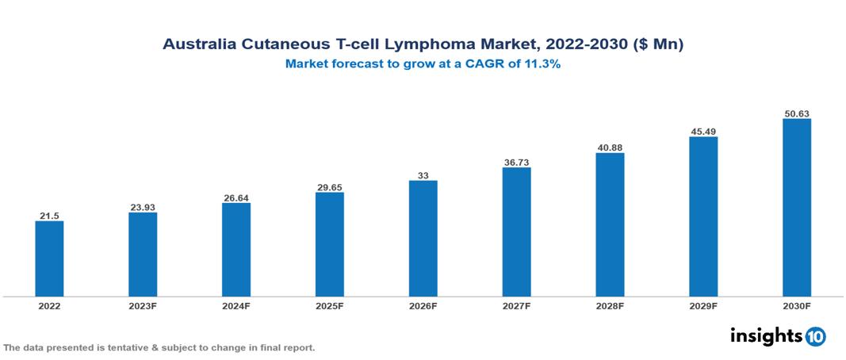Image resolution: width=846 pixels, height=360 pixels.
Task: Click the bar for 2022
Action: [49, 259]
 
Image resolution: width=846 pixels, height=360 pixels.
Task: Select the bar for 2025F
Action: [330, 244]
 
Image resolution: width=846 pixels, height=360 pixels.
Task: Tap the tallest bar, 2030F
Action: [797, 208]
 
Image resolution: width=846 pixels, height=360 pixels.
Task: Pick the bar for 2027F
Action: [516, 232]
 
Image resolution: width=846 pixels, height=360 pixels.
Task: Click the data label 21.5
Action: [49, 215]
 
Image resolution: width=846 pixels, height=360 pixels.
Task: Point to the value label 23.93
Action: [143, 207]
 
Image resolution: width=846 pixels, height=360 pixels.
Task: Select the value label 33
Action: [423, 175]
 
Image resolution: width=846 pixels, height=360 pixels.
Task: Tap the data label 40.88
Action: [610, 147]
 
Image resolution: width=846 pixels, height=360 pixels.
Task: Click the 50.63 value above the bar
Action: [797, 113]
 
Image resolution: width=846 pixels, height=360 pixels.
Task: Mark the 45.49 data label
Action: [703, 132]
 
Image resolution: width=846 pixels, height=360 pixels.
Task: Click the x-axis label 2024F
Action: [236, 305]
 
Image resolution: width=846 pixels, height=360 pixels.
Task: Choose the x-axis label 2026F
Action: [423, 305]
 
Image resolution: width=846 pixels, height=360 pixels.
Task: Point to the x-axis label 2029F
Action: [703, 305]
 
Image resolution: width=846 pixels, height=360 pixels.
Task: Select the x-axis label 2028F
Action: [610, 305]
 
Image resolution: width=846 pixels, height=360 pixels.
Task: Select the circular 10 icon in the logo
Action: [815, 336]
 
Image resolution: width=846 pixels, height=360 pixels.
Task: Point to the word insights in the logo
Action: [765, 335]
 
